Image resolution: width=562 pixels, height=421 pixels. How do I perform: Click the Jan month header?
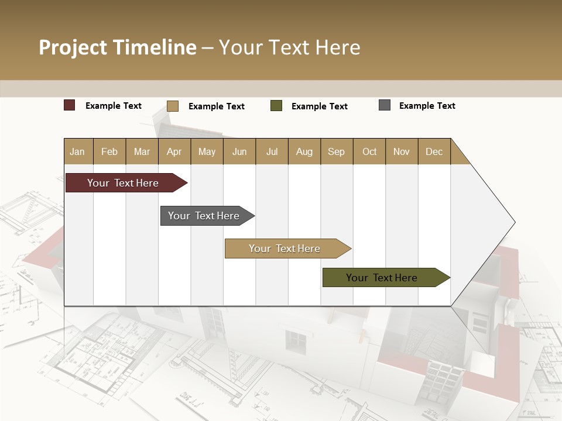tap(77, 151)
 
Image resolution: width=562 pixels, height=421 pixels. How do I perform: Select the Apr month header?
tap(174, 151)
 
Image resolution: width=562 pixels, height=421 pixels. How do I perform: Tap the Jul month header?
tap(272, 151)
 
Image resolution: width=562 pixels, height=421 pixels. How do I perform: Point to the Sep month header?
tap(336, 151)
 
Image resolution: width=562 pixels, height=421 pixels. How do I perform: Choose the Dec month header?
tap(434, 151)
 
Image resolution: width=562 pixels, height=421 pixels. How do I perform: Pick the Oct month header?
tap(369, 151)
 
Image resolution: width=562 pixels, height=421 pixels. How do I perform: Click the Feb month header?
tap(109, 151)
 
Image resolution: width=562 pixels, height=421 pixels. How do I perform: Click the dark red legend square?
tap(70, 105)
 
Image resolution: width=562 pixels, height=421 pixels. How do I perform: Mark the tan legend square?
tap(173, 106)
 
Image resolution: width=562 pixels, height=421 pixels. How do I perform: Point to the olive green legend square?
tap(276, 106)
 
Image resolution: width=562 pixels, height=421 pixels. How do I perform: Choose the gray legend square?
tap(385, 105)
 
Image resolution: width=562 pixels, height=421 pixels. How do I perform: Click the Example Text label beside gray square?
tap(427, 106)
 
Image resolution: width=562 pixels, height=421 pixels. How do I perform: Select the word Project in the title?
tap(73, 47)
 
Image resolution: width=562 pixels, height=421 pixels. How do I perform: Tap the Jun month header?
tap(239, 151)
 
